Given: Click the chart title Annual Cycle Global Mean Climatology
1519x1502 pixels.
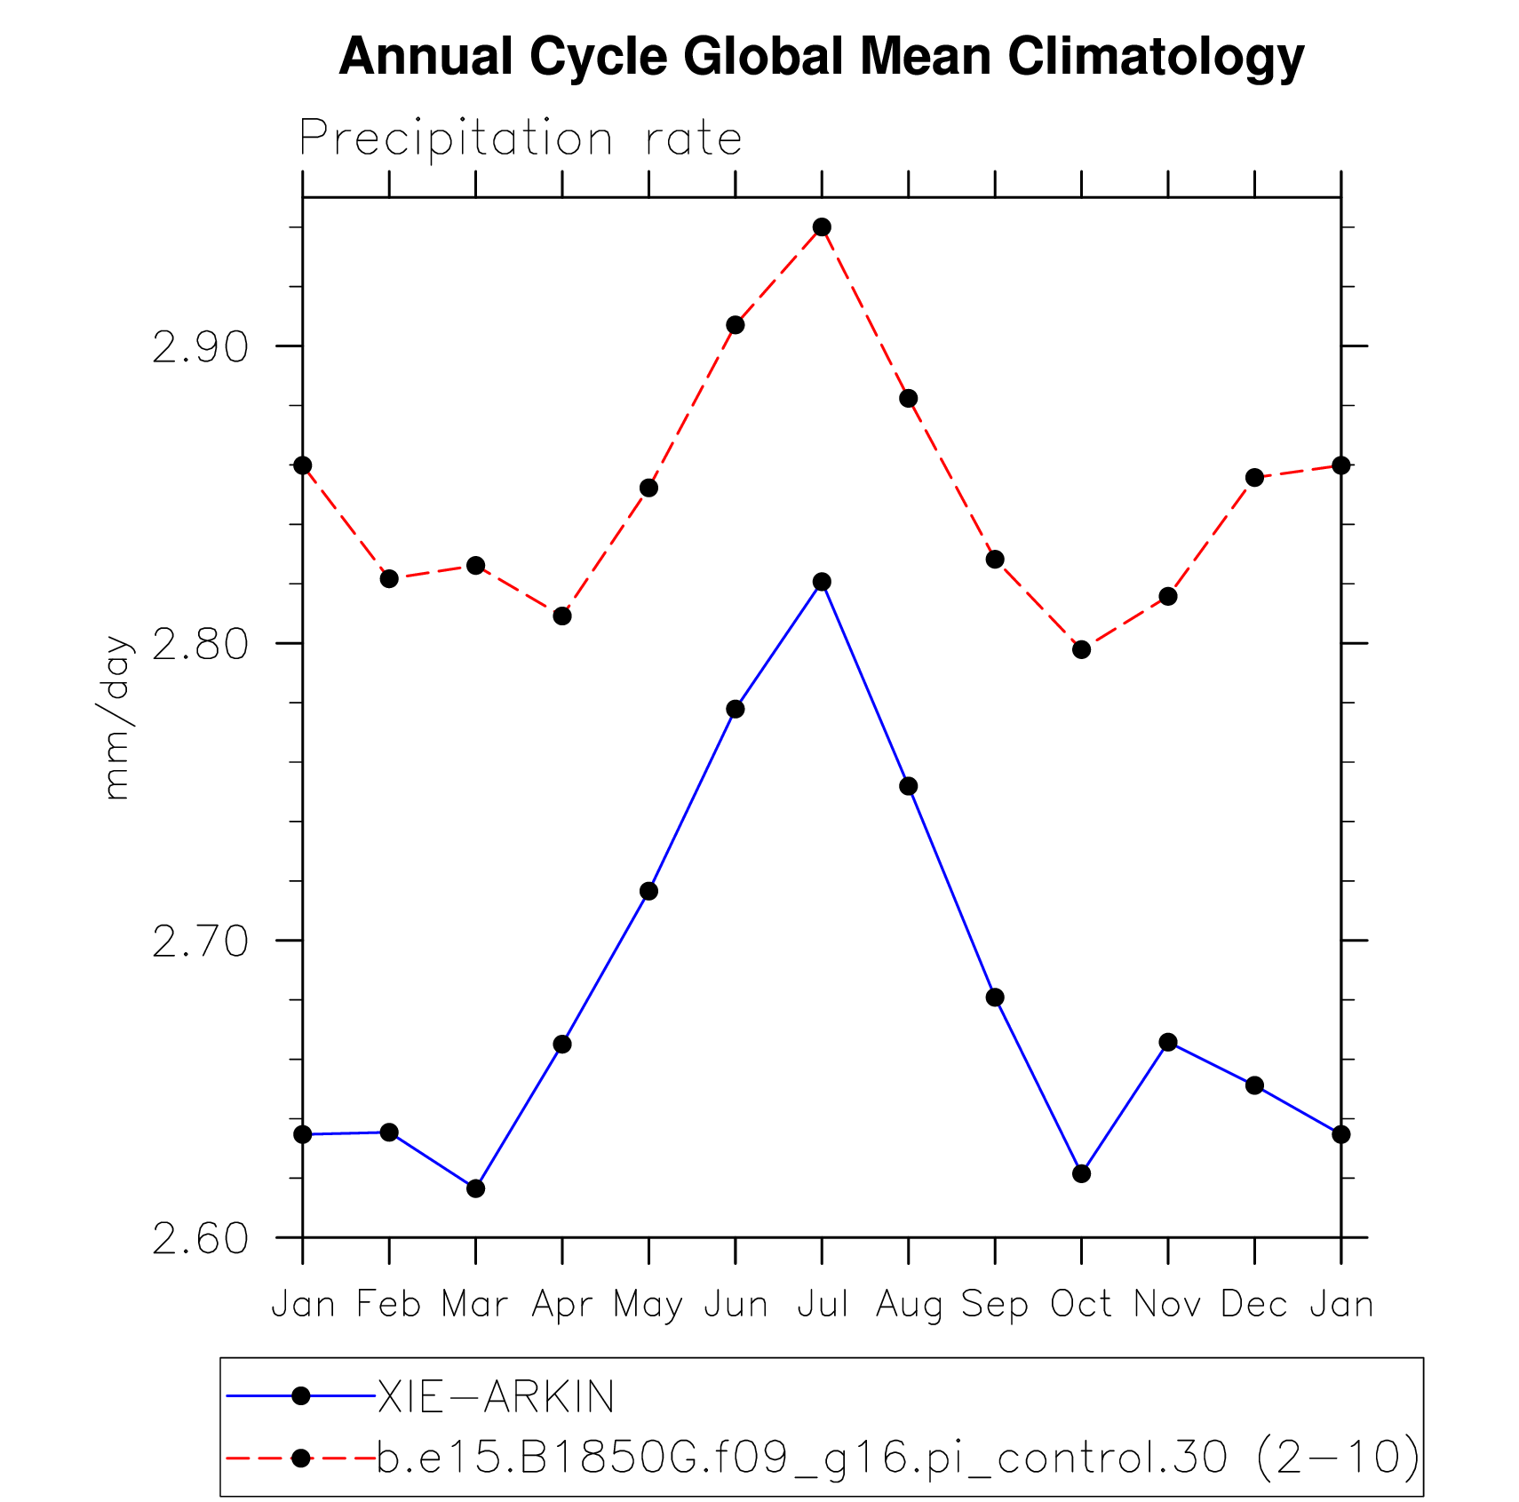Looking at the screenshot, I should coord(821,57).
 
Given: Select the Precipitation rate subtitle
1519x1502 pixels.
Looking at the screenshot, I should coord(520,139).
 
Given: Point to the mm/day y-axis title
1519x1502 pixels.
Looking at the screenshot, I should coord(116,718).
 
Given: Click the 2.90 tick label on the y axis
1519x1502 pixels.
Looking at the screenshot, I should coord(200,347).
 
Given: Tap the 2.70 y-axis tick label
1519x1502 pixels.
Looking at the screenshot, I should coord(200,942).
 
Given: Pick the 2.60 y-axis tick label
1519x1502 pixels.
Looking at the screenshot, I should coord(200,1239).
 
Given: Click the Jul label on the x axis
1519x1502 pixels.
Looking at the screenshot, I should coord(822,1305).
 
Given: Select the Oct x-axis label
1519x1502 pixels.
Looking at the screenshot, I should coord(1081,1305).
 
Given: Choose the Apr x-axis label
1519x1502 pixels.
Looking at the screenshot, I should coord(562,1305).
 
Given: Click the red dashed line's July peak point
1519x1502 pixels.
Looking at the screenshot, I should coord(822,227).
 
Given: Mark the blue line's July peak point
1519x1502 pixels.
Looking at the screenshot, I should coord(822,582).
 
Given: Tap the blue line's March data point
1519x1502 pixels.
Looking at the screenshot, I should coord(476,1188).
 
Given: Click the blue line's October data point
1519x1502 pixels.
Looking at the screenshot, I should coord(1081,1174).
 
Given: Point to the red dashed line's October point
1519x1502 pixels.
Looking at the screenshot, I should coord(1081,649).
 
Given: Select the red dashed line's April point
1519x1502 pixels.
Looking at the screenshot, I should coord(562,616).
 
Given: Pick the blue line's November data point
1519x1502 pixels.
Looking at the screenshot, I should coord(1168,1042).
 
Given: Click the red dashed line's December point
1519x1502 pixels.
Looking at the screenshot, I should coord(1254,478).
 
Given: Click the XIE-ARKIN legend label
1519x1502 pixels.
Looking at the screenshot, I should coord(496,1397).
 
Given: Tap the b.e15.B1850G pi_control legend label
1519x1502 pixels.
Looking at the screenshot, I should coord(897,1458).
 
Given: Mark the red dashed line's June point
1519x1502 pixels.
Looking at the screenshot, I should coord(736,325).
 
